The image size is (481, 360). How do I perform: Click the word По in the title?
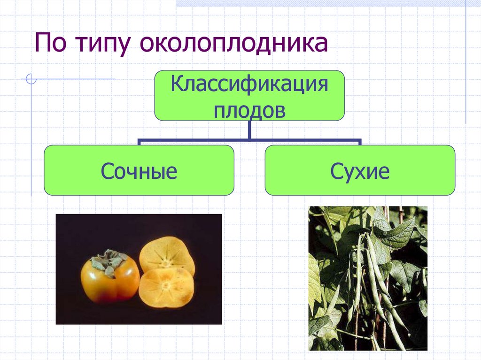(51, 44)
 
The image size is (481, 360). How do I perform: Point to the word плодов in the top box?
(249, 111)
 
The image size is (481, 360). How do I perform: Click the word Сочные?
(139, 171)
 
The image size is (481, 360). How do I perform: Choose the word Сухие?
(360, 171)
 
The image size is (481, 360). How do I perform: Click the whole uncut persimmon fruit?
(109, 279)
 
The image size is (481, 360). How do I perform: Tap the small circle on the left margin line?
(31, 79)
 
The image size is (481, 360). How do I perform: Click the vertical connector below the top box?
(249, 130)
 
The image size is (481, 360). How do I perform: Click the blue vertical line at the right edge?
(466, 61)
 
